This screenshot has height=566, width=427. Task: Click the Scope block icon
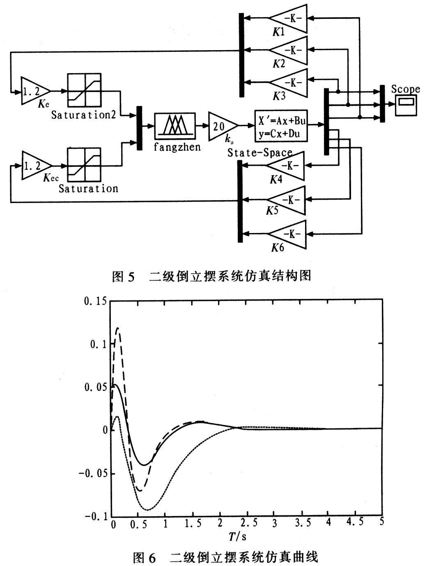(406, 105)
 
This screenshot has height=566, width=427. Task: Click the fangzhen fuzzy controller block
(175, 126)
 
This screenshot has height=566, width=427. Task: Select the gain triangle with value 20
(222, 126)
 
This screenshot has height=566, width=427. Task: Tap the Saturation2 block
(84, 90)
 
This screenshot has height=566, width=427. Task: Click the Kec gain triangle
(35, 165)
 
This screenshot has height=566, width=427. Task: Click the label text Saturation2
(83, 115)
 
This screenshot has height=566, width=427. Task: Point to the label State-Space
(259, 153)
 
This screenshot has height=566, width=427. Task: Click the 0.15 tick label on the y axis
(95, 301)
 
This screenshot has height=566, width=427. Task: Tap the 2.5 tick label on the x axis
(249, 523)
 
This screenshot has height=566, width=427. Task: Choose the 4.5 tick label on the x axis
(355, 522)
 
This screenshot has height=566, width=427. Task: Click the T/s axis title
(238, 536)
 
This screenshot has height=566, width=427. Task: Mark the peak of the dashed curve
(118, 328)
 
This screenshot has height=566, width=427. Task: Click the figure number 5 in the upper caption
(131, 276)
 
